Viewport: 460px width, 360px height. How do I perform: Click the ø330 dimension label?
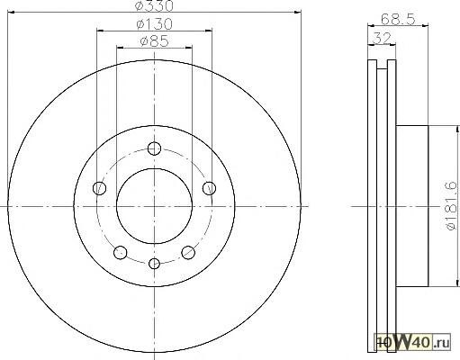tap(154, 5)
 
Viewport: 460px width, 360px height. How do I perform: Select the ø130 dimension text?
tap(154, 24)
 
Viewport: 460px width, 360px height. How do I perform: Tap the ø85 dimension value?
tap(154, 41)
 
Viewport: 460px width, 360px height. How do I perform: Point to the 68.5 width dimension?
tap(398, 20)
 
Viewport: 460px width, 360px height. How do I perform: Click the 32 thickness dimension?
tap(382, 38)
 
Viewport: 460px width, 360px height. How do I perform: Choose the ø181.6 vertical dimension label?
tap(451, 206)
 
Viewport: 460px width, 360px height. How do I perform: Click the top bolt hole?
tap(154, 148)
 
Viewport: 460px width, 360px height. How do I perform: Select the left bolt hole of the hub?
tap(99, 188)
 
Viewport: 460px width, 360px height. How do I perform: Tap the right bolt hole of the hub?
tap(209, 188)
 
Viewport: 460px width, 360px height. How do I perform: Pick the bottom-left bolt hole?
tap(121, 252)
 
